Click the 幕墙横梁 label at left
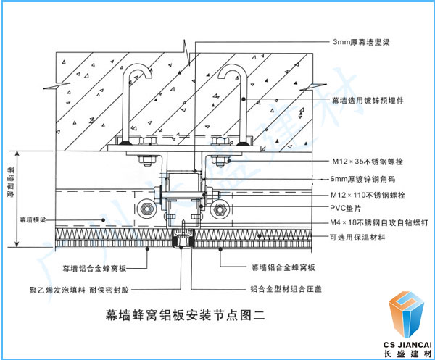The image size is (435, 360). coord(33,218)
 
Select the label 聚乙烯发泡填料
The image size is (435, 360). coord(56,288)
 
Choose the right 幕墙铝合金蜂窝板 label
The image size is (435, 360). coord(283,267)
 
